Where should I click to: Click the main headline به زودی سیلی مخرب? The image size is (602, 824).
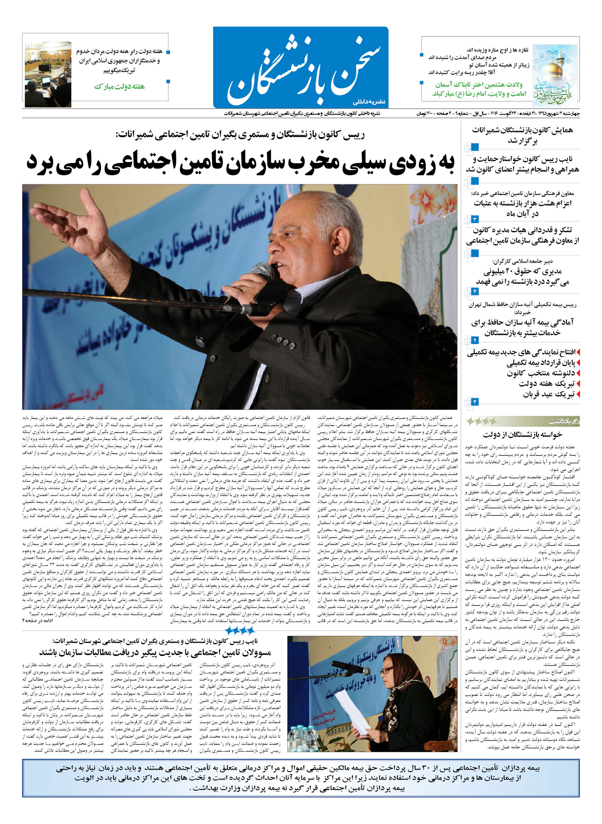point(240,163)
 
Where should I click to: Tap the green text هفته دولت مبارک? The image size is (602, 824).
point(119,86)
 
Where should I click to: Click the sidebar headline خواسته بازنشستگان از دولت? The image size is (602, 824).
point(522,435)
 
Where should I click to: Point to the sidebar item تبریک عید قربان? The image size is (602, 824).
point(548,394)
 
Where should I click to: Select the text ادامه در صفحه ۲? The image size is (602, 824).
point(38,621)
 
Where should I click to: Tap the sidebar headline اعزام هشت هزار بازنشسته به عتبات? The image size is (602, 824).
point(522,208)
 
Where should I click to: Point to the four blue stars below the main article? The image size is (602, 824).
point(239,630)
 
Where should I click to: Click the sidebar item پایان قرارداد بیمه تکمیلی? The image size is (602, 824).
point(540,363)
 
